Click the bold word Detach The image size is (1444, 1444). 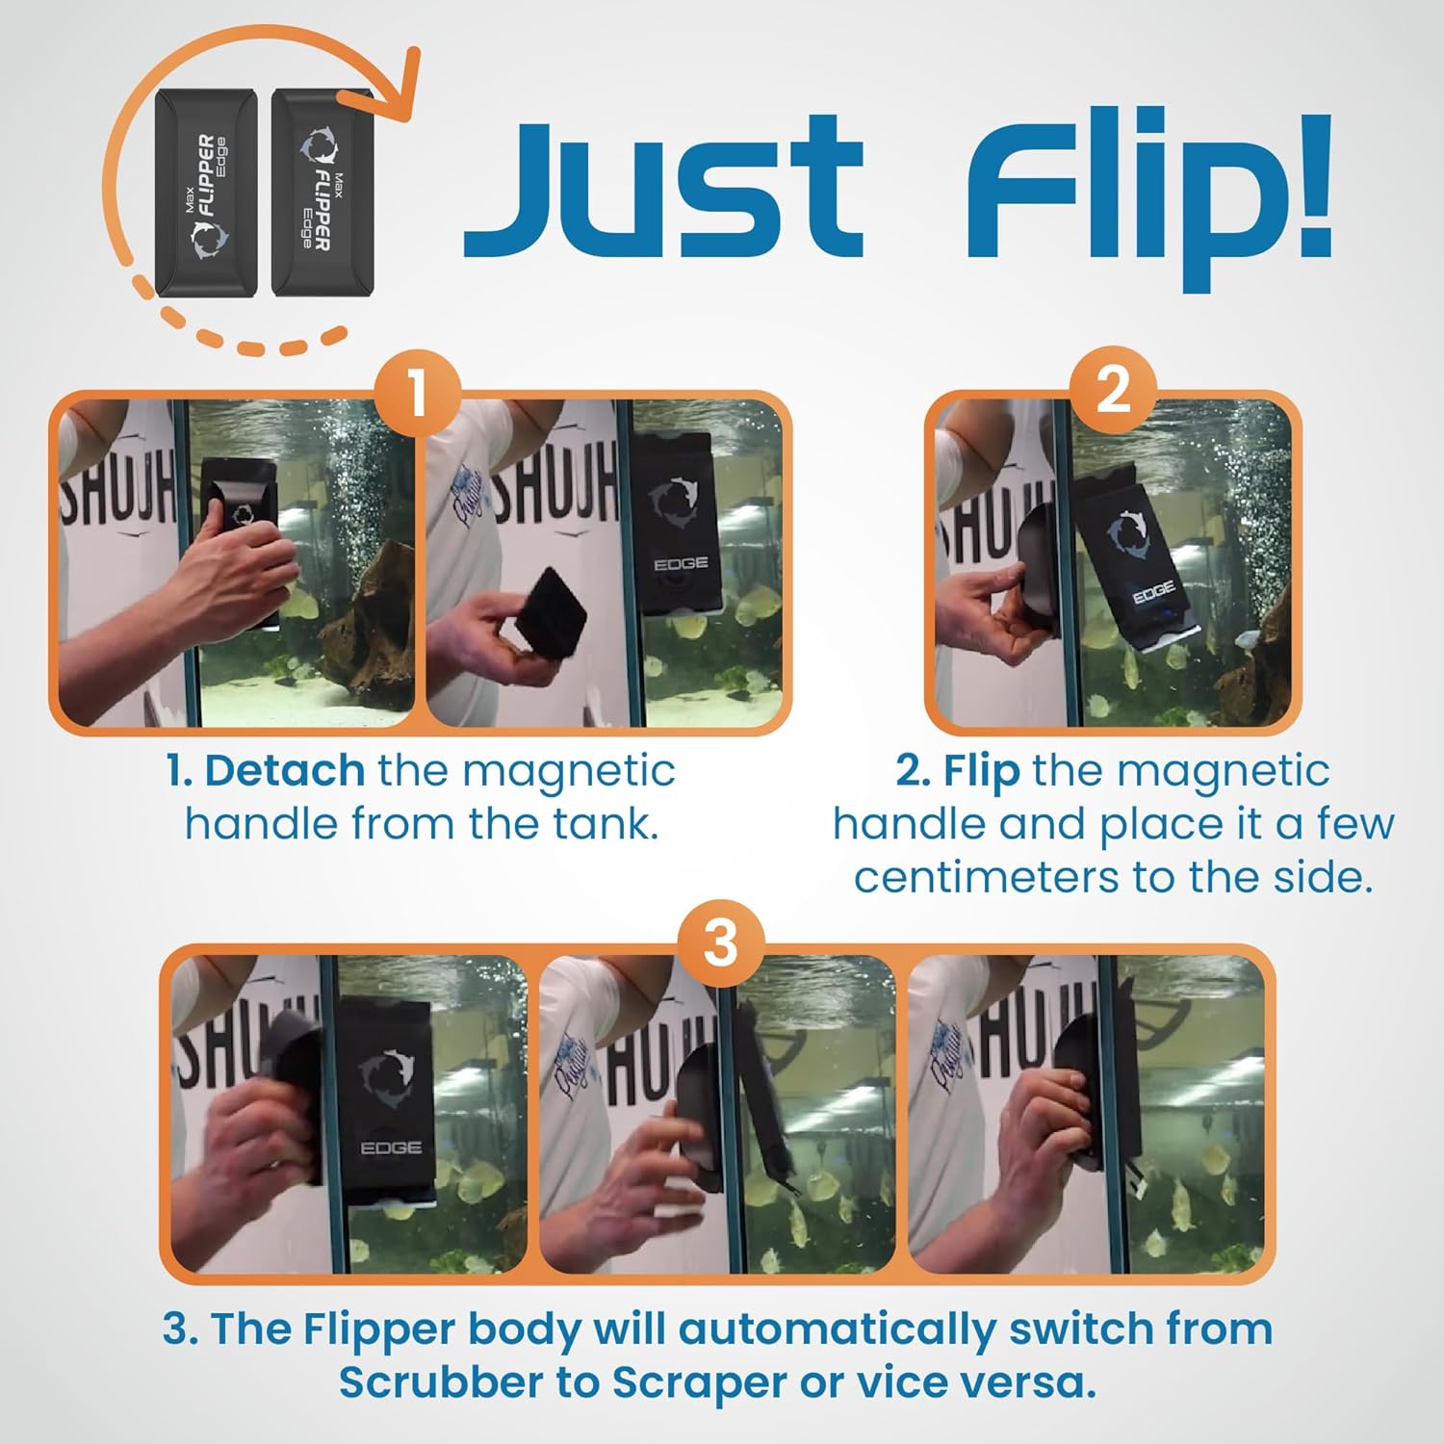tap(284, 771)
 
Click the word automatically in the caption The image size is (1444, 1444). tap(838, 1329)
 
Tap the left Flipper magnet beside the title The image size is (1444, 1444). tap(206, 193)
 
